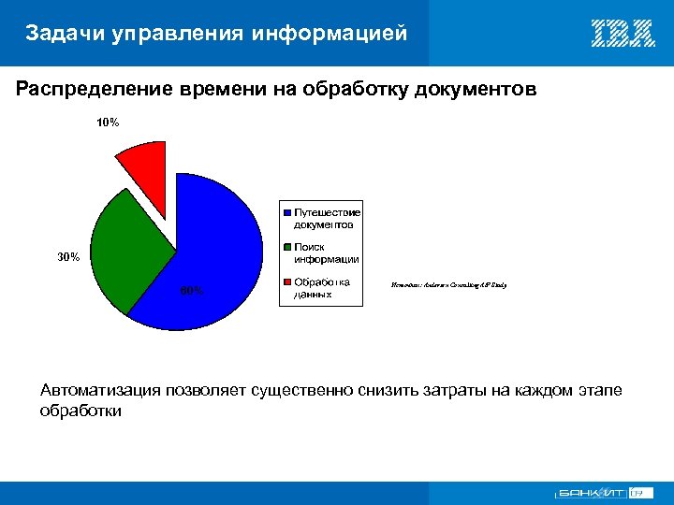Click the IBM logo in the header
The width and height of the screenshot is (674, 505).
coord(623,34)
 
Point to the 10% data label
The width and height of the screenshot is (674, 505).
coord(108,123)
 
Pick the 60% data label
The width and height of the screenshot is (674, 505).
coord(191,290)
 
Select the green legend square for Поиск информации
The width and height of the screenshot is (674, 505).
coord(286,248)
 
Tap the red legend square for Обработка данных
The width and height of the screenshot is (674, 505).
coord(286,282)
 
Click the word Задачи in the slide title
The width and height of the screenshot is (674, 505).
coord(65,35)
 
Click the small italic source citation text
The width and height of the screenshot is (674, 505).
coord(447,283)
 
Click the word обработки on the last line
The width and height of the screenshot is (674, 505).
coord(81,410)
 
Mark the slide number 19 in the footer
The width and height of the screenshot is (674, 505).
coord(637,492)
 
